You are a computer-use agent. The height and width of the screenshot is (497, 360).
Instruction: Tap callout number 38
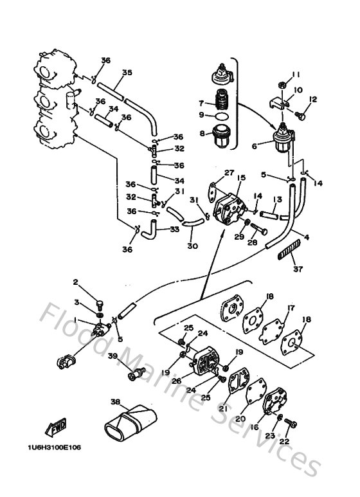pos(116,403)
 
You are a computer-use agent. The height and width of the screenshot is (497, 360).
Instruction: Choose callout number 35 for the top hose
pos(127,73)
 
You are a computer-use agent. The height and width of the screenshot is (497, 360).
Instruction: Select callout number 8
pos(201,134)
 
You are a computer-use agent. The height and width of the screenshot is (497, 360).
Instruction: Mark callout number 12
pos(313,99)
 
